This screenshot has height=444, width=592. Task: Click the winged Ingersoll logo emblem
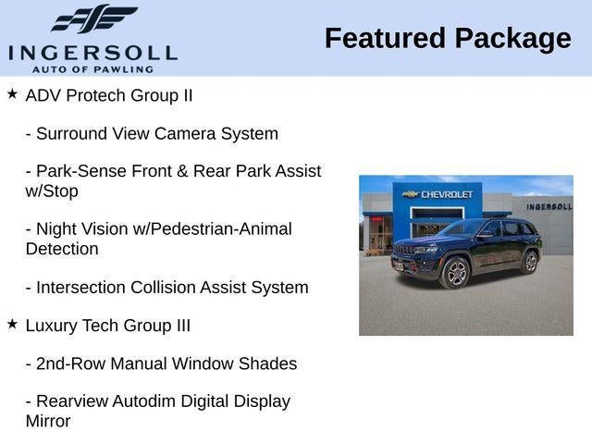coord(94,18)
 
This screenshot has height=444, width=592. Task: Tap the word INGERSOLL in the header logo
coord(92,54)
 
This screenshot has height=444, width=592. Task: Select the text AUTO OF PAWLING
coord(92,69)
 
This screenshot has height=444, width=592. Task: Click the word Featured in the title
coord(385,38)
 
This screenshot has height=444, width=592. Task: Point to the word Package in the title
coord(513,40)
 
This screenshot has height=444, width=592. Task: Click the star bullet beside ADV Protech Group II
coord(12,93)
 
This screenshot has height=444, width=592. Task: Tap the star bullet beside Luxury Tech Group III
coord(12,324)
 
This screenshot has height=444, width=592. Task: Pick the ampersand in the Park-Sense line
coord(182,171)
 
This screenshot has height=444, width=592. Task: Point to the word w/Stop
coord(52,191)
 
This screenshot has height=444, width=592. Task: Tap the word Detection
coord(62,249)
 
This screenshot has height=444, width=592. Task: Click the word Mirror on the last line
coord(48,422)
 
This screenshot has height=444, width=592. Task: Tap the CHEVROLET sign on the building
coord(438,194)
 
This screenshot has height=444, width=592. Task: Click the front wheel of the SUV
coord(456,273)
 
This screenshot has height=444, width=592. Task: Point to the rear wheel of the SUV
coord(530,262)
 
